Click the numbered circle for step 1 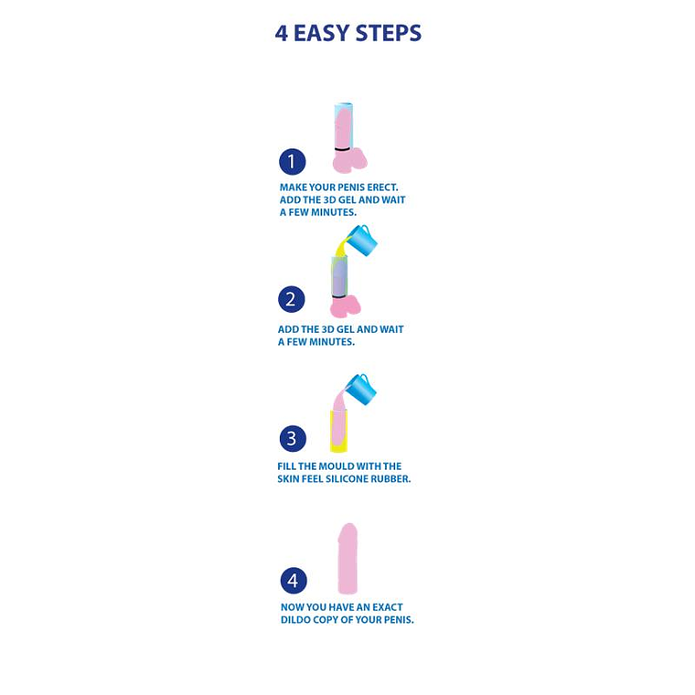pos(292,163)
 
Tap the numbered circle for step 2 pos(292,299)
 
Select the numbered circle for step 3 pos(292,438)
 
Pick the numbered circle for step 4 pos(293,580)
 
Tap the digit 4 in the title pos(282,34)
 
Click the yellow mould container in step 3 pos(337,430)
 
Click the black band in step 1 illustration pos(342,148)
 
